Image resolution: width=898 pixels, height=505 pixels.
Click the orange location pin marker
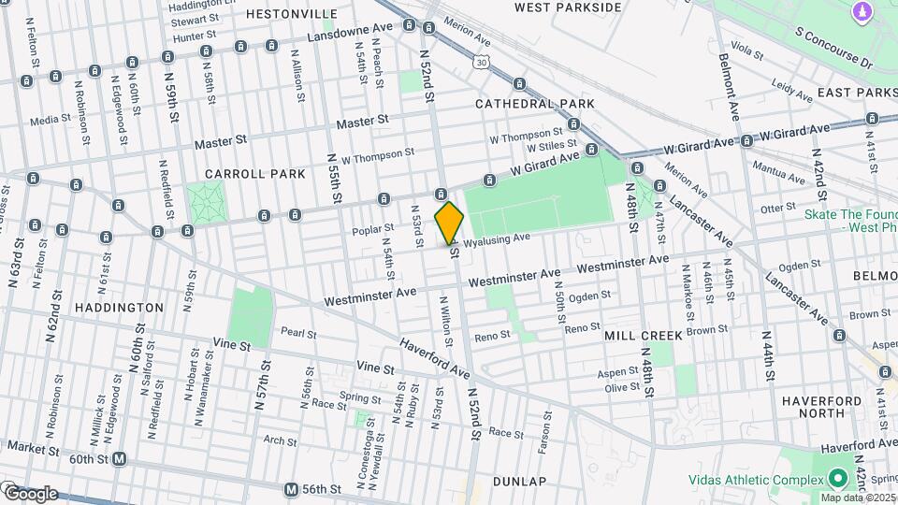coord(449,223)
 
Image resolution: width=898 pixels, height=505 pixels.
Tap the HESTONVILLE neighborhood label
coord(292,14)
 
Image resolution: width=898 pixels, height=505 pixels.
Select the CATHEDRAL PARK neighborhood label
coord(534,103)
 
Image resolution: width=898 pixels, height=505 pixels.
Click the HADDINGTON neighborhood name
coord(119,307)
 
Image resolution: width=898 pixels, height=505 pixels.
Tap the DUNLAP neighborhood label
coord(517,481)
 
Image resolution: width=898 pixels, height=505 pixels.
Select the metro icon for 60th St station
coord(119,459)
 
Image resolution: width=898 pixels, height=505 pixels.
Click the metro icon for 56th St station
coord(291,489)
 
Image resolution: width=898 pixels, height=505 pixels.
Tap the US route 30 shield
coord(480,61)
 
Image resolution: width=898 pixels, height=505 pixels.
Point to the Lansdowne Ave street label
coord(358,35)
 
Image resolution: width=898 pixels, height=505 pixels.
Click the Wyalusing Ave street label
coord(499,239)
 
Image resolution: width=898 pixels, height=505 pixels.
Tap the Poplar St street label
coord(370,229)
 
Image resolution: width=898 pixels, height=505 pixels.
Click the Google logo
coord(30,493)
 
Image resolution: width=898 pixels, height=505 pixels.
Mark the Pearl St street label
coord(299,332)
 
